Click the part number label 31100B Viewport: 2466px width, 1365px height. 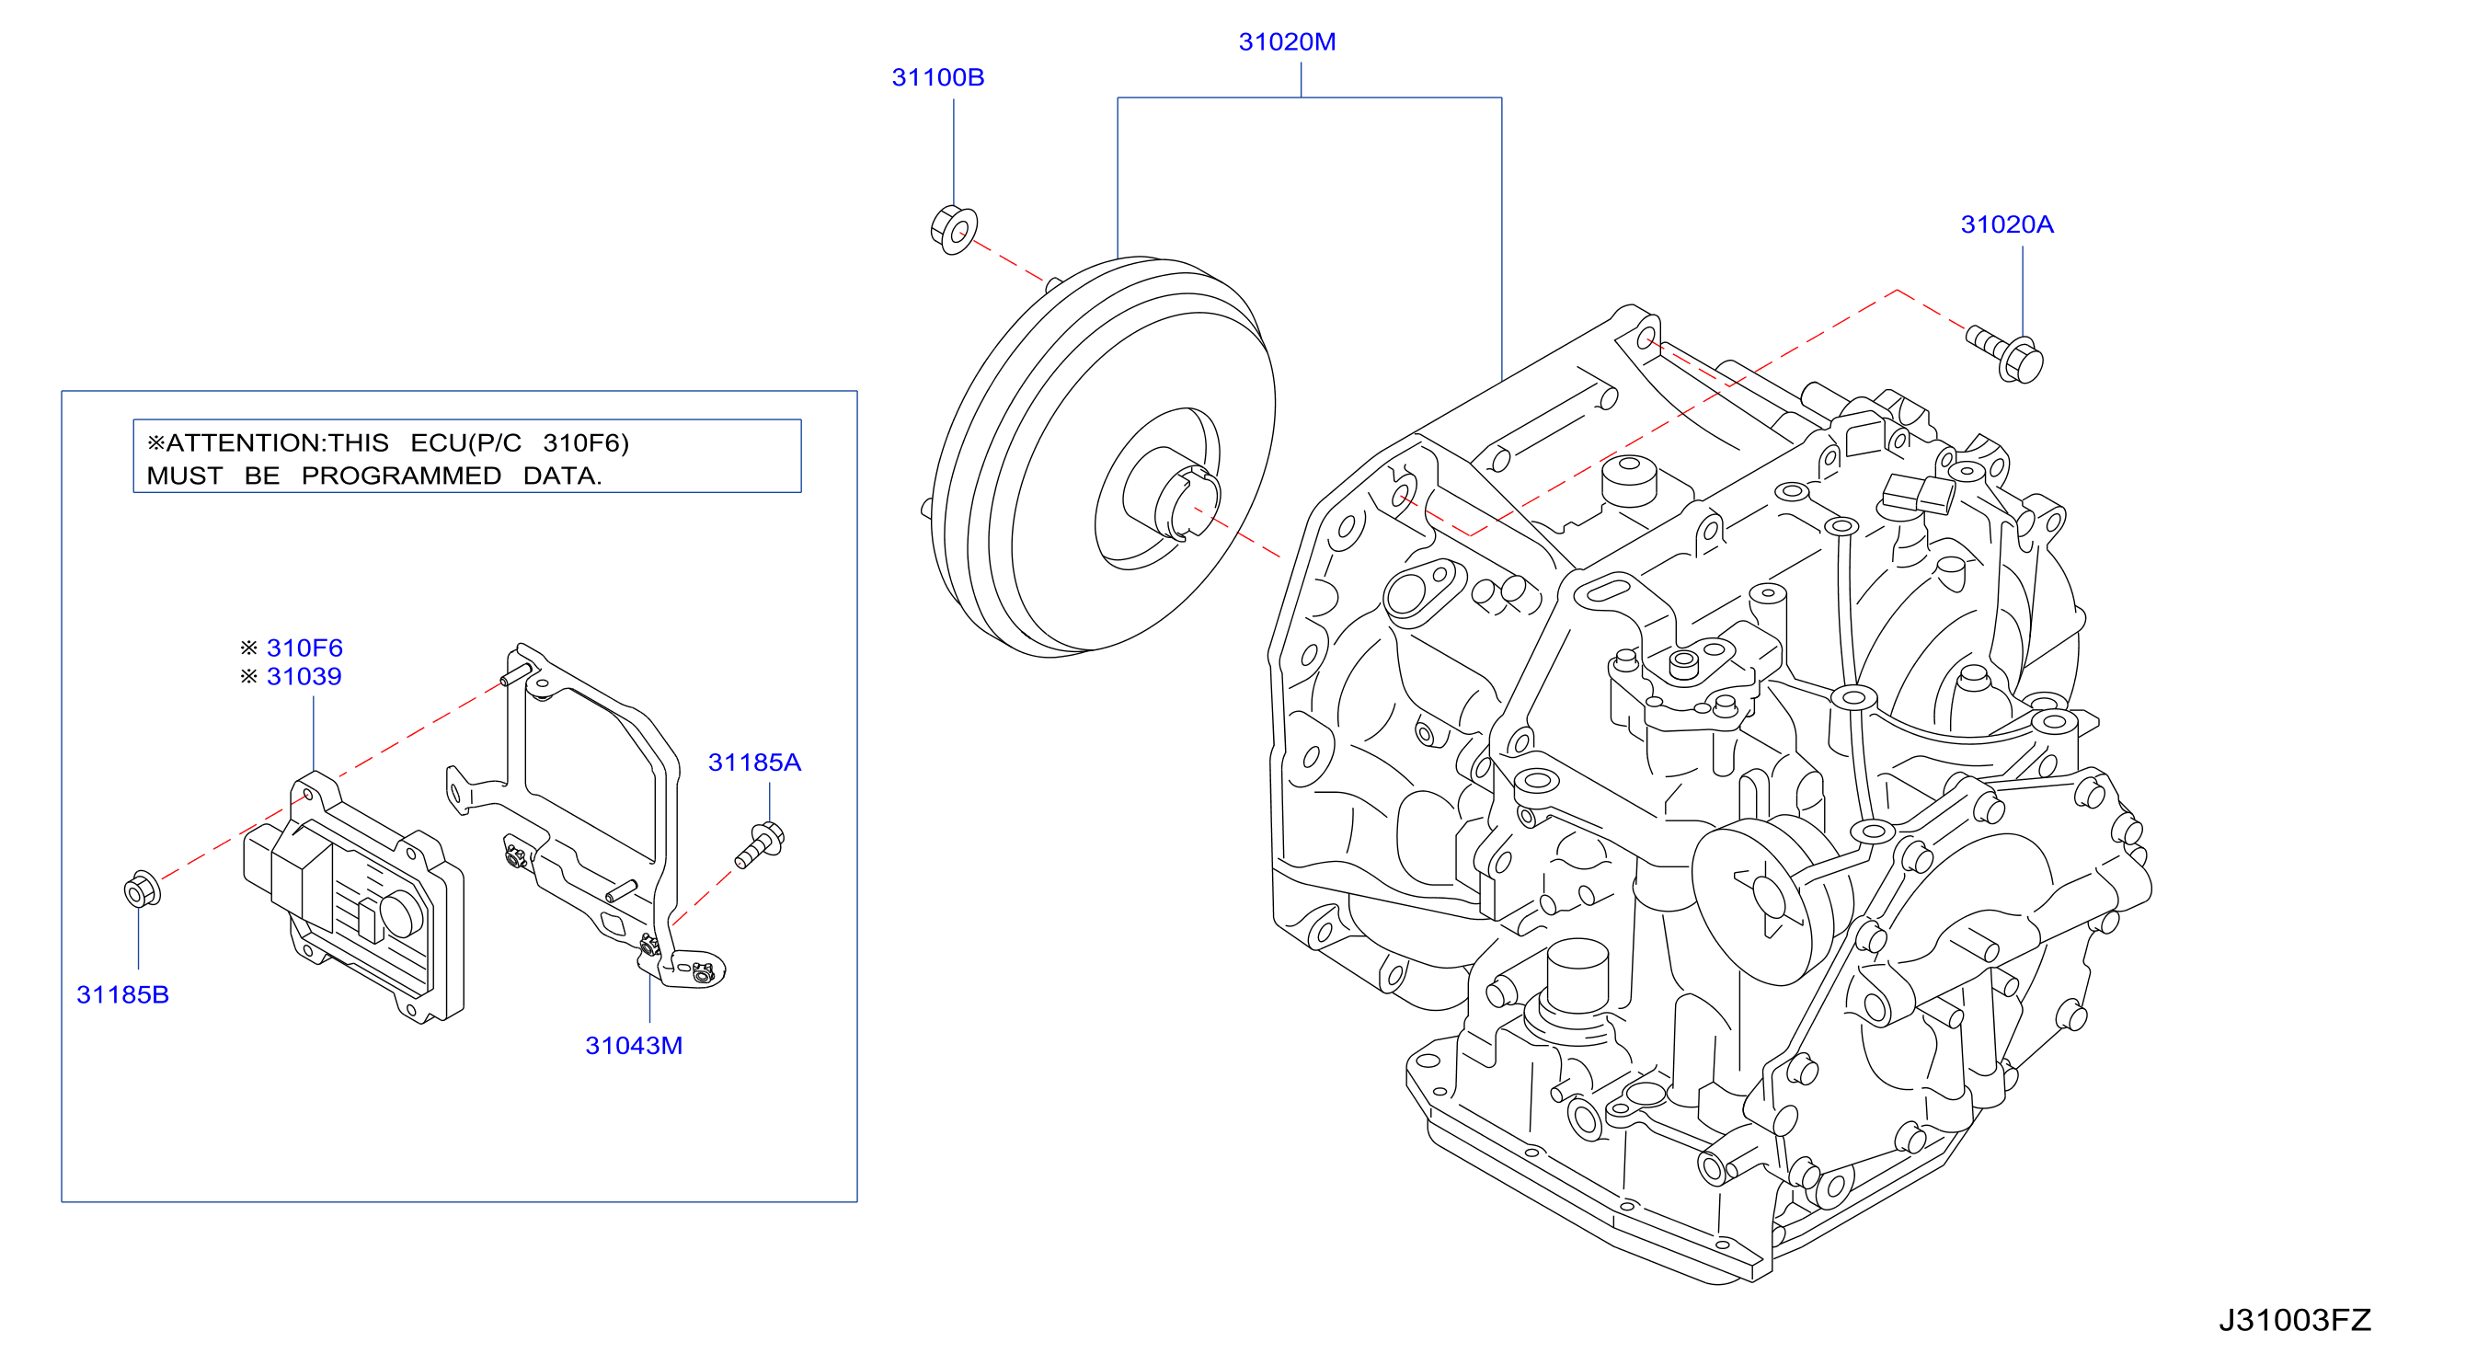(937, 77)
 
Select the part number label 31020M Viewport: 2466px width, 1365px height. (1287, 42)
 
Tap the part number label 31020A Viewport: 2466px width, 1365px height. (2006, 225)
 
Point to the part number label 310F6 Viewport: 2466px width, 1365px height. (304, 648)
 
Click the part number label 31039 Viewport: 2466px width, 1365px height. (304, 677)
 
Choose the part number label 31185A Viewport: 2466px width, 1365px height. (754, 763)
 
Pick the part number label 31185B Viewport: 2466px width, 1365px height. (122, 995)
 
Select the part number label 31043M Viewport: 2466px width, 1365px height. (634, 1046)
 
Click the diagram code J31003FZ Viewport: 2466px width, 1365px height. (2295, 1321)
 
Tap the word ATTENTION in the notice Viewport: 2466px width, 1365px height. (245, 443)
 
